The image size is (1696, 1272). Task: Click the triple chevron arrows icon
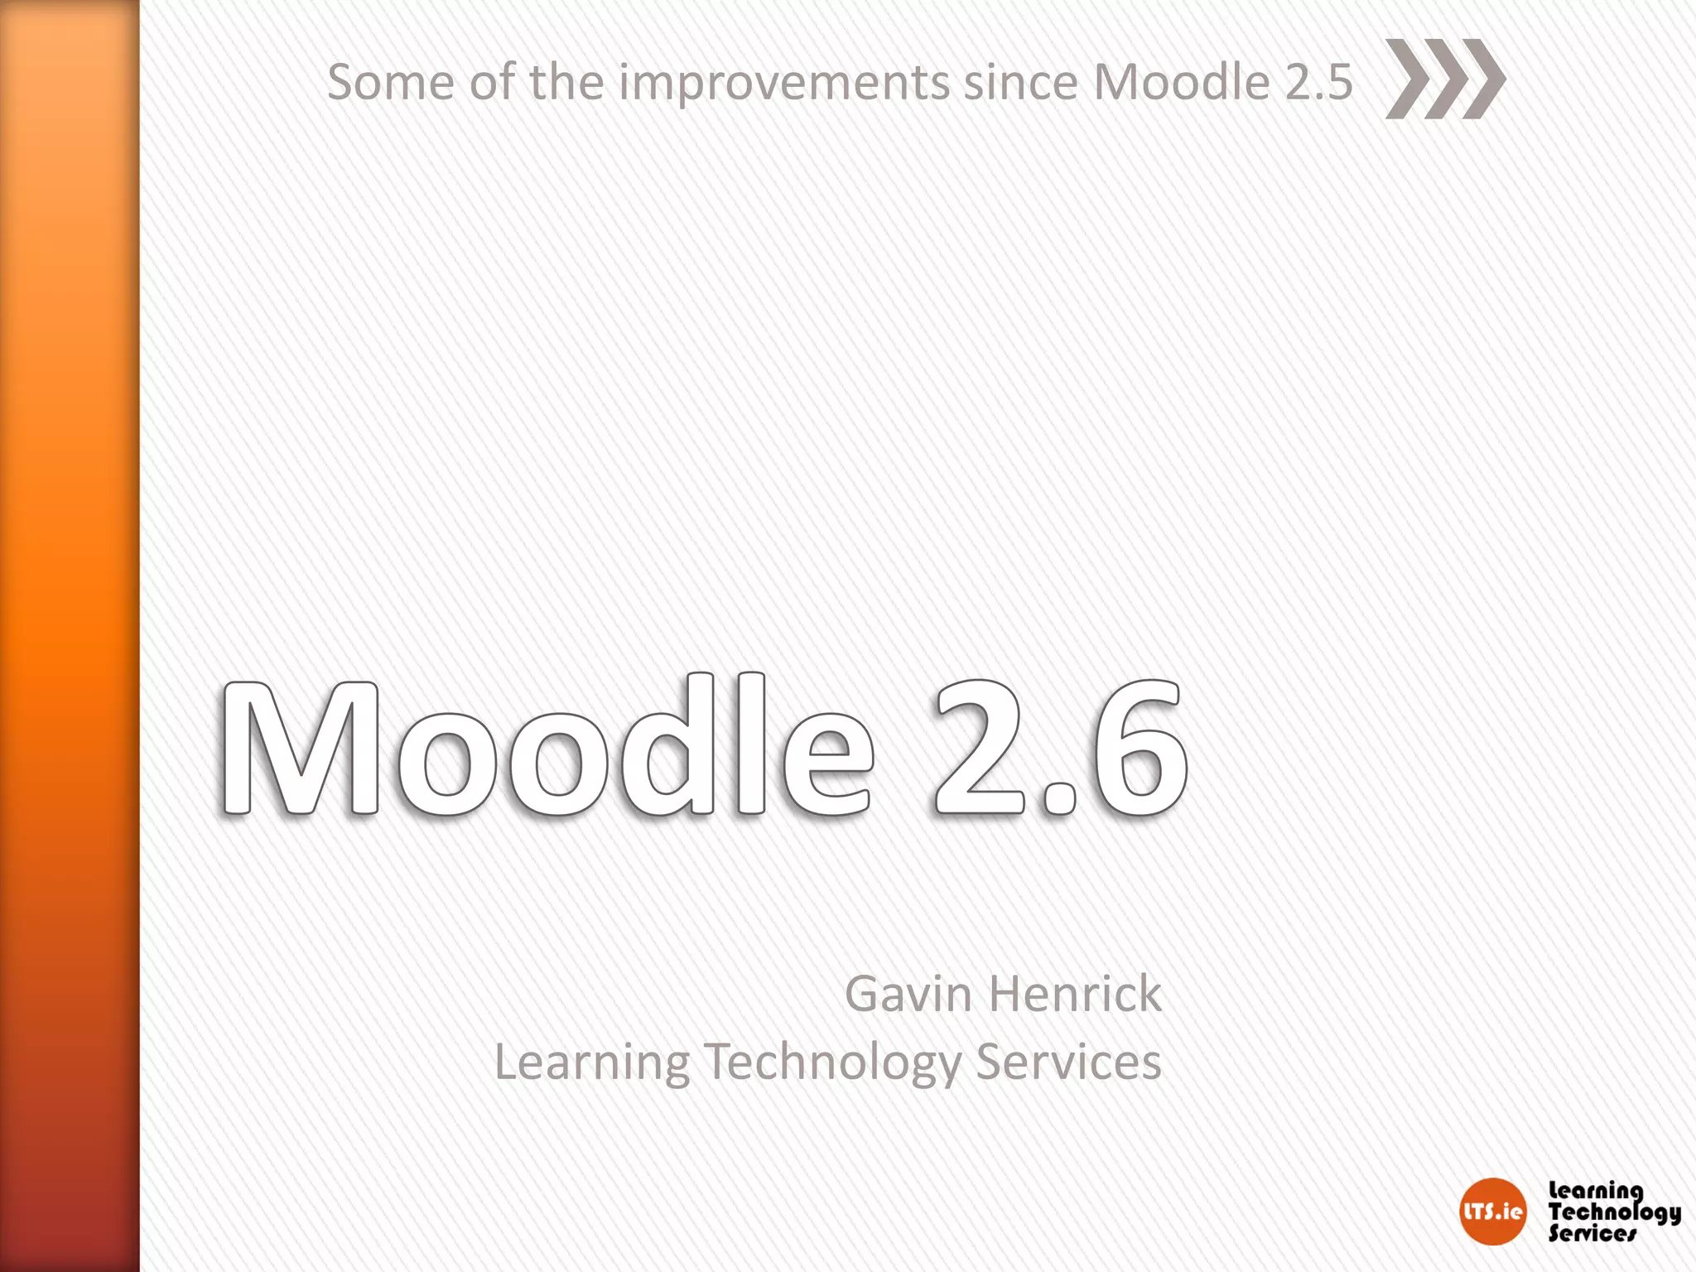1445,79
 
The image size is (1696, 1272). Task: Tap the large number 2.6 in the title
1060,747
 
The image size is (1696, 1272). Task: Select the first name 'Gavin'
908,994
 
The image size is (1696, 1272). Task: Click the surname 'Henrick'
1076,994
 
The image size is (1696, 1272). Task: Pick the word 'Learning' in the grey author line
591,1063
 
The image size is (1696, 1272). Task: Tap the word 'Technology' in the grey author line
832,1063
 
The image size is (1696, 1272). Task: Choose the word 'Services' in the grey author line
1068,1062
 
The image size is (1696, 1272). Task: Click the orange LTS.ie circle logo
1492,1212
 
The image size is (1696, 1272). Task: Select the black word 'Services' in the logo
1592,1234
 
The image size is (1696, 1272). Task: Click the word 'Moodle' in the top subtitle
1181,83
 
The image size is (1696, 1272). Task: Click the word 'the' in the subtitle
566,83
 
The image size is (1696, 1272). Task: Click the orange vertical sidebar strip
70,636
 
